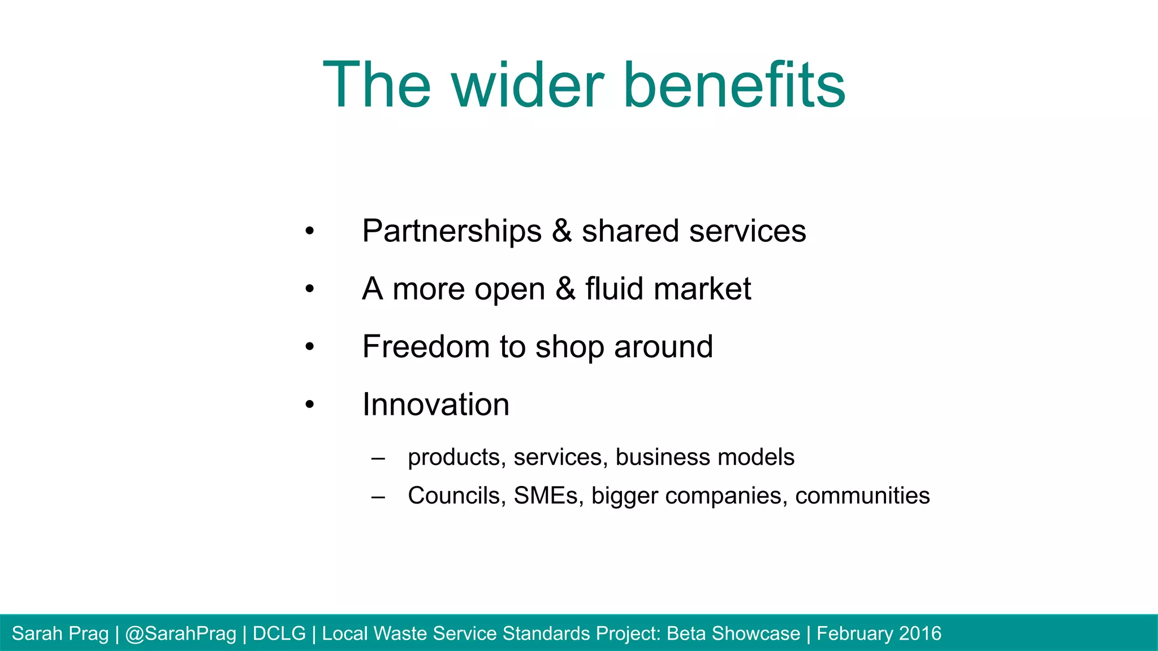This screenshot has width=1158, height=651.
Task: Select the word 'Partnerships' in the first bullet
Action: click(452, 231)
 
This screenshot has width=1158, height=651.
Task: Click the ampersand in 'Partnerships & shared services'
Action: click(561, 231)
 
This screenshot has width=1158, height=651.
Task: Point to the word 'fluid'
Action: click(614, 289)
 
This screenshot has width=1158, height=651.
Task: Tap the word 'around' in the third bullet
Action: click(663, 346)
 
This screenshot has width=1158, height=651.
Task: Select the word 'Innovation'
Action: click(436, 405)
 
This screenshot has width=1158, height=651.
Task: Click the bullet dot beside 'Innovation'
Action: click(309, 405)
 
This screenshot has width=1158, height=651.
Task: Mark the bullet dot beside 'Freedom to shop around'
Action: click(309, 346)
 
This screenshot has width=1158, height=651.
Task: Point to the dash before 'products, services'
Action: click(378, 458)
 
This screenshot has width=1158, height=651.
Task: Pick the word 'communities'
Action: click(862, 496)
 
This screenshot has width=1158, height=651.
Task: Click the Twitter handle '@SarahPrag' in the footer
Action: click(180, 633)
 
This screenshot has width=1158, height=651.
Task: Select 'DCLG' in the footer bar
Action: click(279, 633)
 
